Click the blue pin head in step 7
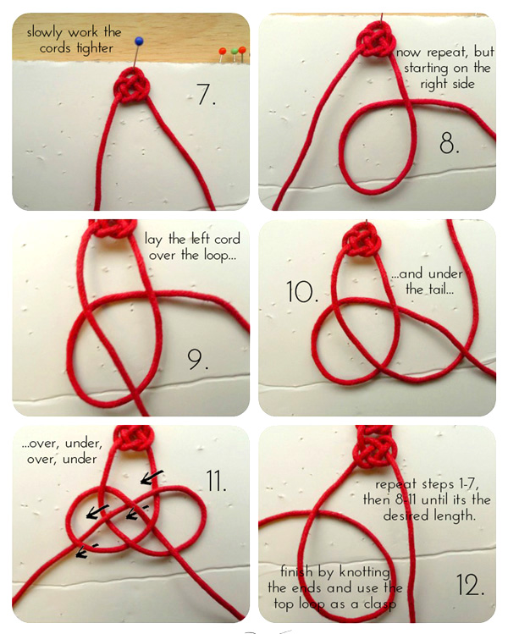pos(139,41)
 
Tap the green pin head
pos(235,51)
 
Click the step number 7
pos(206,95)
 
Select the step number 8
pos(449,143)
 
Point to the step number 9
pos(198,360)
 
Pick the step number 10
pos(301,292)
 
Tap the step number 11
pos(217,481)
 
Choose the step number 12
pos(470,585)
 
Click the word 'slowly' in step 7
pos(45,32)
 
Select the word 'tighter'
pos(95,48)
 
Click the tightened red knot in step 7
pos(132,85)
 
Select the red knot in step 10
pos(361,241)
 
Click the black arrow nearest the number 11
pos(152,477)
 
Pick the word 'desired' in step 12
pos(406,516)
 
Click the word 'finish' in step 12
pos(296,571)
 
